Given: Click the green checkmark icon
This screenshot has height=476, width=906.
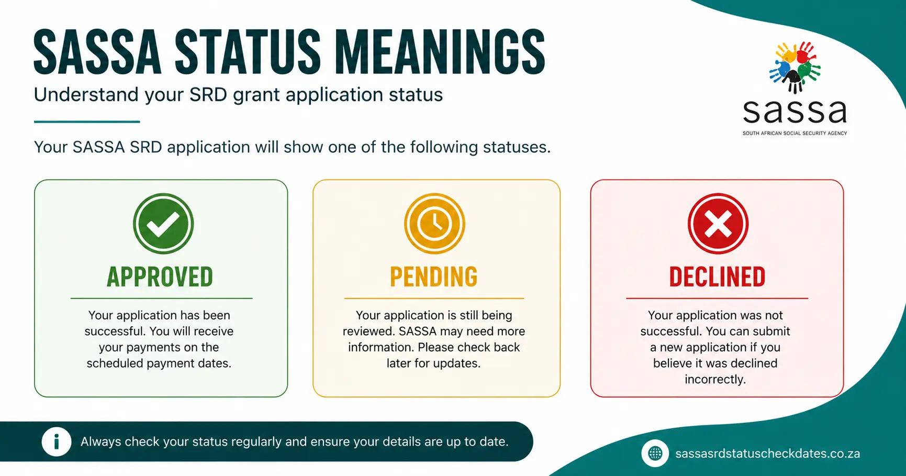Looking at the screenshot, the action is [x=163, y=224].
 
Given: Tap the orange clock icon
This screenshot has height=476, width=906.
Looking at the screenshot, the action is [x=434, y=224].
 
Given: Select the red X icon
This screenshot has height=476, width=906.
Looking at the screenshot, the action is [x=718, y=224].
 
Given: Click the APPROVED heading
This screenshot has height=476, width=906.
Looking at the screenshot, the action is [x=160, y=277].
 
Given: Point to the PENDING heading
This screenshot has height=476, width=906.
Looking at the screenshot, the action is [x=434, y=277].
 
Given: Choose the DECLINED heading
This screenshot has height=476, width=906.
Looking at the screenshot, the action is [x=718, y=277].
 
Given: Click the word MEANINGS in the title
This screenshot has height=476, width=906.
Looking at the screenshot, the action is [x=440, y=52].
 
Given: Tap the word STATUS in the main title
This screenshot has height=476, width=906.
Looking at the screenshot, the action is [x=248, y=52].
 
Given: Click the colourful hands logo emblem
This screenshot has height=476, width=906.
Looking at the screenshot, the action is [x=795, y=68].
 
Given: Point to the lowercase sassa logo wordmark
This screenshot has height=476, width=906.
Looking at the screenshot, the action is [x=795, y=112].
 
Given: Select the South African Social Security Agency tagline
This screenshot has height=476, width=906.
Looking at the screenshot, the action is [x=795, y=134].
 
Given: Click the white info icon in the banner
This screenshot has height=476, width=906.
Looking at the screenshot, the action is [x=57, y=441].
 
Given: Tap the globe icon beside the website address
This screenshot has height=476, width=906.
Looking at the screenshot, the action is [x=655, y=453].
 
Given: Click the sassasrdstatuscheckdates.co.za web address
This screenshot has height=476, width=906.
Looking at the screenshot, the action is [x=767, y=453].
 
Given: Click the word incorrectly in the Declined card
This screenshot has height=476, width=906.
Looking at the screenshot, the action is [x=715, y=379].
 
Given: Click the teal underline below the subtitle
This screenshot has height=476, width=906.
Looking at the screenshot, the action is [x=87, y=121].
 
